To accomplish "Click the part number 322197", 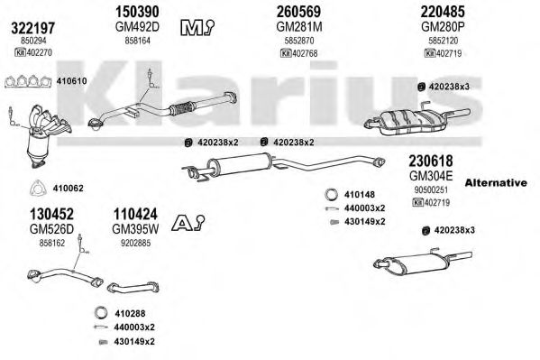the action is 33,28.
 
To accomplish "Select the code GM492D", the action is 137,26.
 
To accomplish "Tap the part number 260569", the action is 299,12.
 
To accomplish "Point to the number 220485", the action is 443,12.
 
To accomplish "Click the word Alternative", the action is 496,183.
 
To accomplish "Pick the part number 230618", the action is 431,161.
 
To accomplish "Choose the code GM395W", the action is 135,229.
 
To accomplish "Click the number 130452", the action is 51,214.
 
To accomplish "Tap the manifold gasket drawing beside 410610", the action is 28,82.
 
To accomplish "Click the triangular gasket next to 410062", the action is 38,189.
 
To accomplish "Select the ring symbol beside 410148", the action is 331,195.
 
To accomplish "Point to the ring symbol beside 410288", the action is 101,313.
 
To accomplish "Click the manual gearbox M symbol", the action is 197,28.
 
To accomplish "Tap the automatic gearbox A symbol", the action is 188,223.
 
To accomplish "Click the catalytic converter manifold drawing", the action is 45,136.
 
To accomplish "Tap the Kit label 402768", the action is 299,53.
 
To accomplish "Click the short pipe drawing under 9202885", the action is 133,288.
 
